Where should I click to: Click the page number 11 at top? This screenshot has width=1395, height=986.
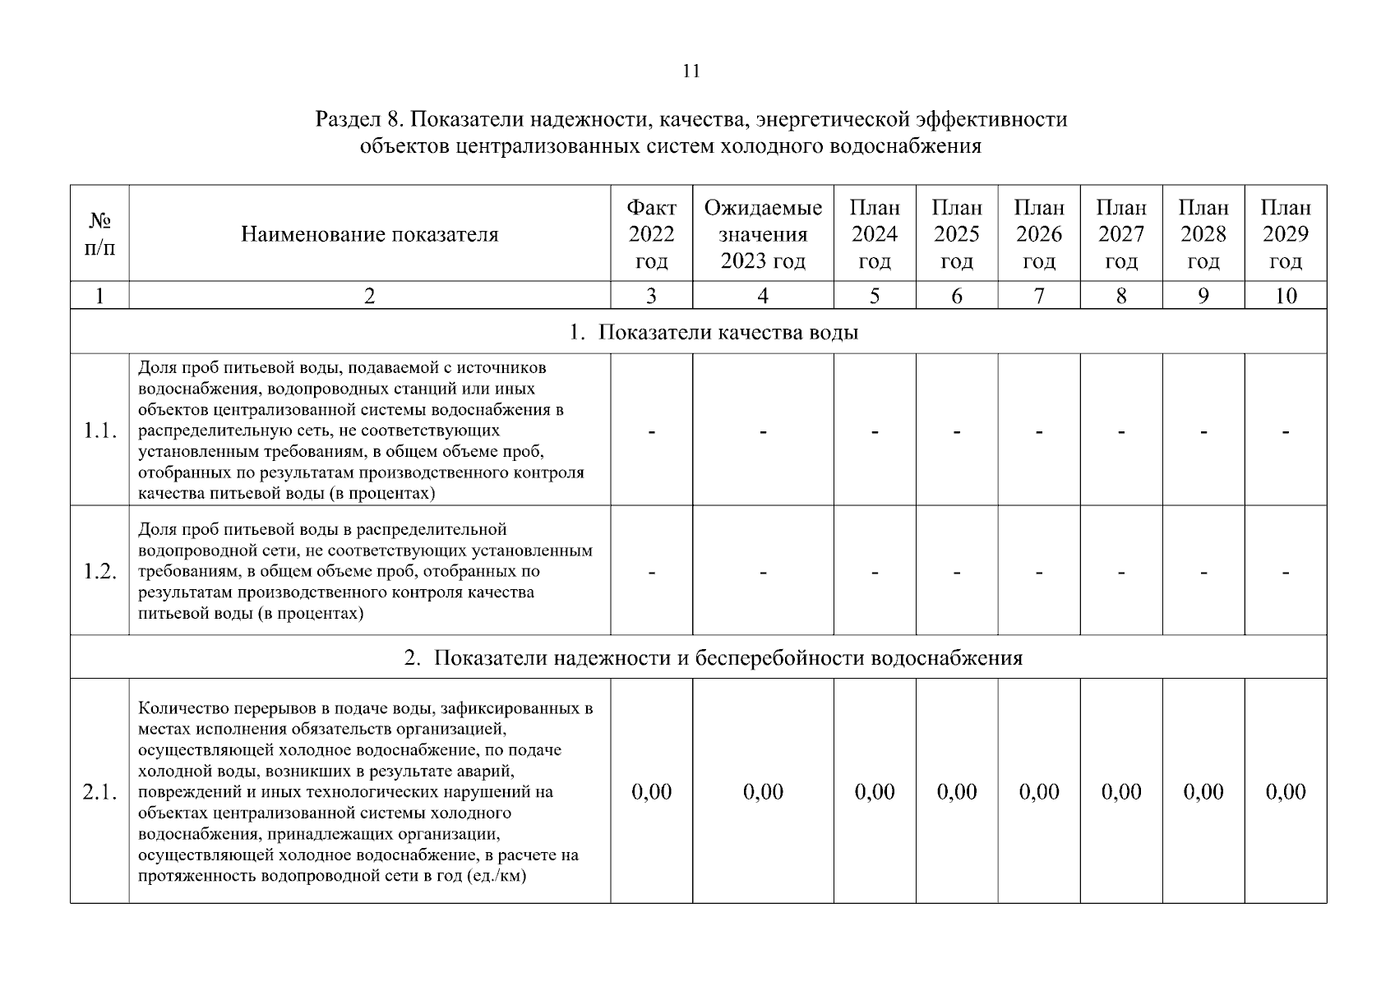coord(691,71)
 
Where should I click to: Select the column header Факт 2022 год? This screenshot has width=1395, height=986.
coord(651,234)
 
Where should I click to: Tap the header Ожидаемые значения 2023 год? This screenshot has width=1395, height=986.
coord(763,234)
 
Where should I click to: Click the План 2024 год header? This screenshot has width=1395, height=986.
coord(875,234)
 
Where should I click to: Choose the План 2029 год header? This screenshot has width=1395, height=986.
coord(1286,234)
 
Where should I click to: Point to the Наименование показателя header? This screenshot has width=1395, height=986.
coord(369,235)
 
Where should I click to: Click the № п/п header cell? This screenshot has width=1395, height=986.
coord(99,234)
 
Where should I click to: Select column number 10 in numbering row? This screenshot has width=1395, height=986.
coord(1286,297)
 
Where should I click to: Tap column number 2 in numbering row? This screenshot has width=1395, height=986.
coord(369,297)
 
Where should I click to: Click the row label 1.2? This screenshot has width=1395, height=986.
coord(100,572)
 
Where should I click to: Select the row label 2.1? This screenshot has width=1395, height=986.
coord(100,792)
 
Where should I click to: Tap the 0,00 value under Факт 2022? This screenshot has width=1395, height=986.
coord(651,792)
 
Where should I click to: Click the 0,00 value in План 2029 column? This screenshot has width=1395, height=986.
coord(1286,792)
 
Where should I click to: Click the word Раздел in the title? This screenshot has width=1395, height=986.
coord(346,120)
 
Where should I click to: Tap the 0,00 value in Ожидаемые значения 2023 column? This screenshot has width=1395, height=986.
coord(763,792)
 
